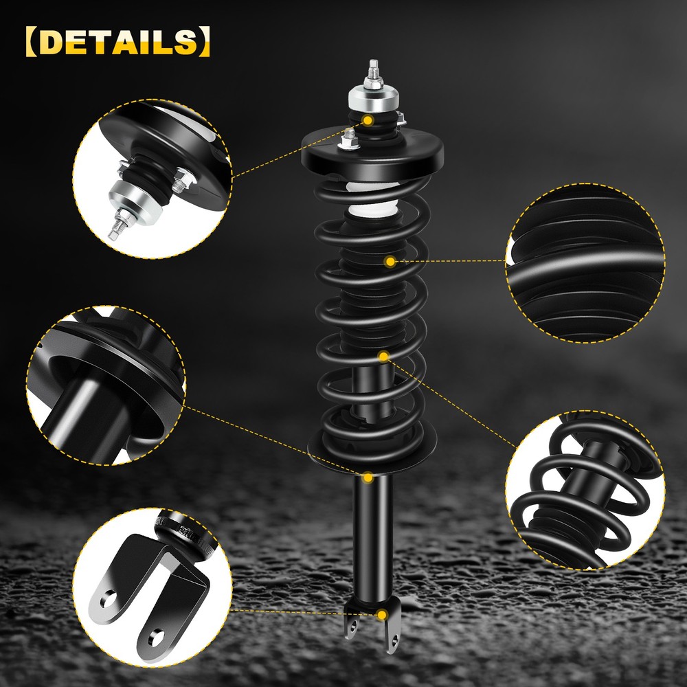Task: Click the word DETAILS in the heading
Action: click(118, 42)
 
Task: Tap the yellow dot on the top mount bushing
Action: click(368, 120)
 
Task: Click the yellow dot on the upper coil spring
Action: click(390, 262)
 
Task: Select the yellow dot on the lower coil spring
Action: click(384, 357)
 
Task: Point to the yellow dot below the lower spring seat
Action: click(368, 477)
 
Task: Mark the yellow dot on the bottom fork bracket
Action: click(382, 615)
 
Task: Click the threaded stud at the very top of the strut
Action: click(373, 69)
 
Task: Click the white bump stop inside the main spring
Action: click(372, 199)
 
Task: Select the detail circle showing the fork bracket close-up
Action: click(152, 588)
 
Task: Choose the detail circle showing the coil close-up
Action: click(585, 263)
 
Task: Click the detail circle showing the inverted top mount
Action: click(152, 179)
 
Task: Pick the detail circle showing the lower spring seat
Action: click(106, 385)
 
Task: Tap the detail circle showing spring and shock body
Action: click(585, 491)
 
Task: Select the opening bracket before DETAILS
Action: click(32, 42)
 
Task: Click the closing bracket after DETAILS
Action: click(204, 42)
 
